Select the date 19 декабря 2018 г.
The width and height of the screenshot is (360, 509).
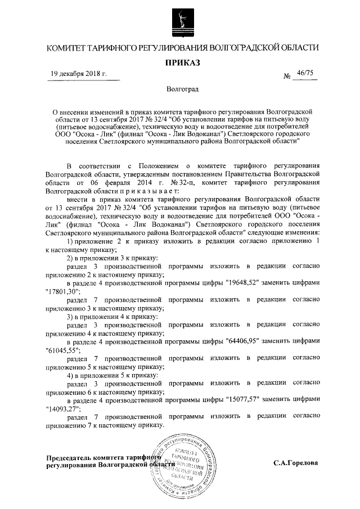(x=79, y=74)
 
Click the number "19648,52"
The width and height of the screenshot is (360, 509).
(x=241, y=282)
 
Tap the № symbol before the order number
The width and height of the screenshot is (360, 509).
(x=287, y=75)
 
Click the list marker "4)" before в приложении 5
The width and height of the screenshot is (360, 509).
(x=71, y=374)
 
